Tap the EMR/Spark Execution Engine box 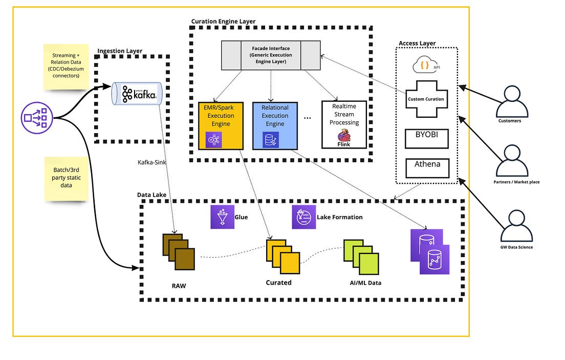(x=220, y=125)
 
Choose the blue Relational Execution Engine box (x=275, y=125)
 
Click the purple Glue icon (x=222, y=217)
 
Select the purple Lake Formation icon (x=303, y=217)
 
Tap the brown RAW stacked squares (x=179, y=252)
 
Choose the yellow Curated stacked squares (x=282, y=256)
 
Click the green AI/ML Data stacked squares (x=361, y=257)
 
